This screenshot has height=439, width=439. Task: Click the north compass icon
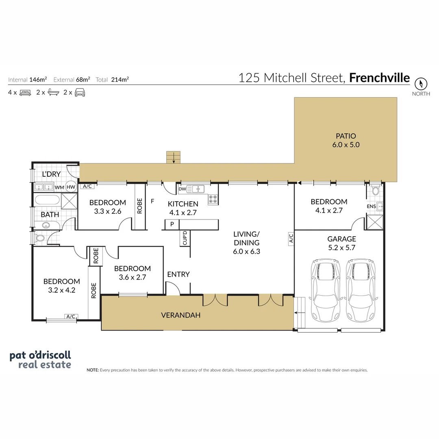[421, 84]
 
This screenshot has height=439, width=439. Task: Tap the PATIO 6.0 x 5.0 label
[346, 140]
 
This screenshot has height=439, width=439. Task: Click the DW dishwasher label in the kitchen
[182, 189]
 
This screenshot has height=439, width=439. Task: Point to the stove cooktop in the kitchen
[213, 199]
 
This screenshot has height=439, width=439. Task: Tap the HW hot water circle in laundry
[71, 187]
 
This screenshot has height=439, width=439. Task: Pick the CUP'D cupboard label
[185, 238]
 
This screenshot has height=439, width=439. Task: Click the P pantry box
[172, 224]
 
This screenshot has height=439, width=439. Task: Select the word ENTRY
[178, 274]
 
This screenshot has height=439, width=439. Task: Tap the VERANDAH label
[181, 315]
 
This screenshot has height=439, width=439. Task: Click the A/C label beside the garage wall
[291, 238]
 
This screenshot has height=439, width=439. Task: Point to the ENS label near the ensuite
[371, 206]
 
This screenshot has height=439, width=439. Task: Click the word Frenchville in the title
[380, 78]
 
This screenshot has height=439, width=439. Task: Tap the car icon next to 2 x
[80, 92]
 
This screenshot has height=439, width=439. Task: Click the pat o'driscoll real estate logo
[41, 359]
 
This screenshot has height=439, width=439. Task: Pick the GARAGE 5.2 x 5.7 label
[341, 243]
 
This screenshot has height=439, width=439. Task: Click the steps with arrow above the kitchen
[174, 157]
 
